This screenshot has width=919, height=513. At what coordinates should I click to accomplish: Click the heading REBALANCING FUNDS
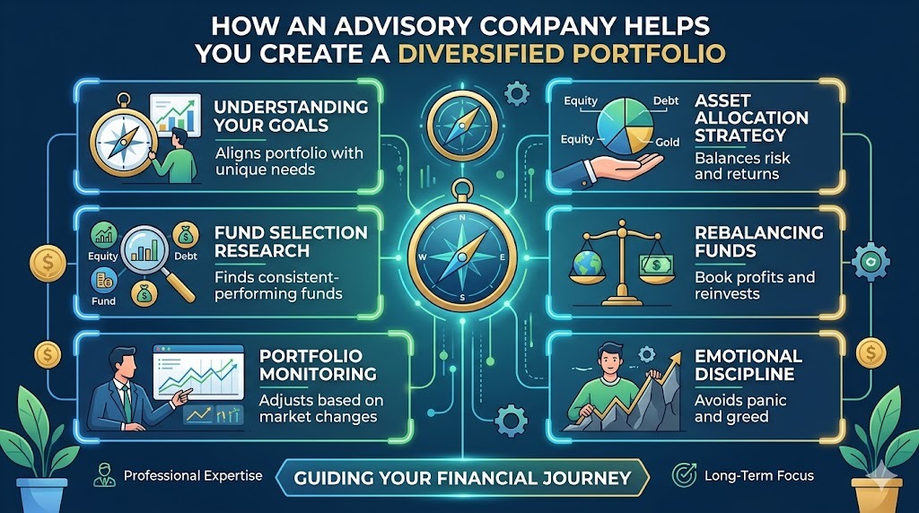pyautogui.click(x=758, y=241)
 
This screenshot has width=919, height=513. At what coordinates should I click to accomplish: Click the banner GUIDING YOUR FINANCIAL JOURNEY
pyautogui.click(x=463, y=478)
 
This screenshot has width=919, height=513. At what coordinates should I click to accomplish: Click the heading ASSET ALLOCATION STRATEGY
pyautogui.click(x=751, y=118)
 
